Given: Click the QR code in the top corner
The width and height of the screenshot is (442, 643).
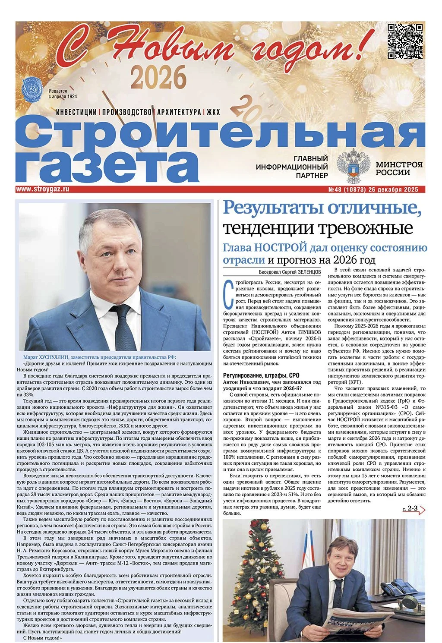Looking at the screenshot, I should tap(404, 41).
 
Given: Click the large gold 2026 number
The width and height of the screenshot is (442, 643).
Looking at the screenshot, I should tap(158, 77).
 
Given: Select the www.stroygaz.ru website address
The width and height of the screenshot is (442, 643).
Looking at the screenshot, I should tap(43, 189).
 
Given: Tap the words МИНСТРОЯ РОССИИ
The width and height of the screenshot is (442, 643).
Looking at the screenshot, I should tap(393, 168).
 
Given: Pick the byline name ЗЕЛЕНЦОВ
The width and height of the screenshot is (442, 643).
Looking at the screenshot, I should tap(306, 273).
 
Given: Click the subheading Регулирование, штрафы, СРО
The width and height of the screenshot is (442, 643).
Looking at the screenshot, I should tap(260, 375).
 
